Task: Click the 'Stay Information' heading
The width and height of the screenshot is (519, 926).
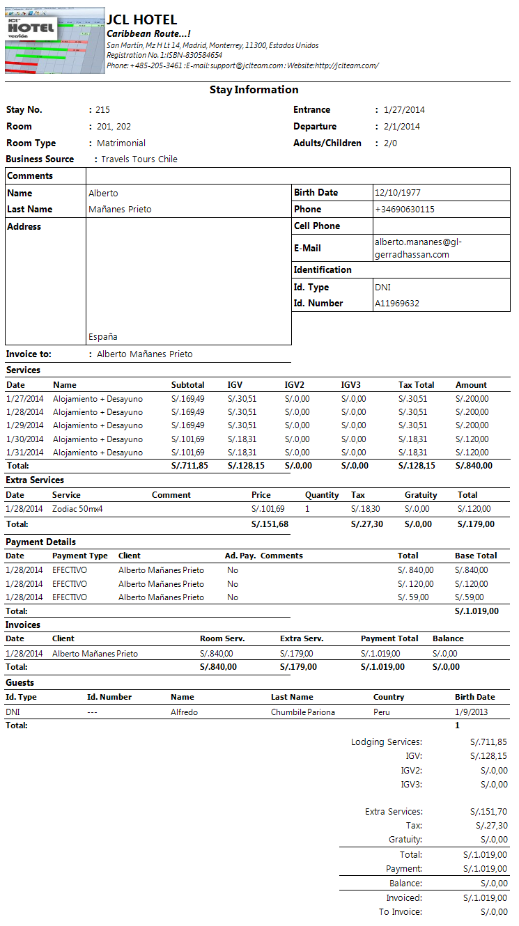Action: tap(254, 90)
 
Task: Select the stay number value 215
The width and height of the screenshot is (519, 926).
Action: tap(103, 110)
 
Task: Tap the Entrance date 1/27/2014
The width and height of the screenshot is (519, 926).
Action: tap(404, 110)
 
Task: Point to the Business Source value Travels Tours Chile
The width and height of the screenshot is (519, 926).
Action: tap(139, 159)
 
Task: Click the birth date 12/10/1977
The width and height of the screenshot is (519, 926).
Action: tap(398, 193)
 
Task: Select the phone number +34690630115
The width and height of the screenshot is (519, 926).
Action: tap(405, 210)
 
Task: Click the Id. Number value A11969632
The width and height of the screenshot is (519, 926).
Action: tap(397, 304)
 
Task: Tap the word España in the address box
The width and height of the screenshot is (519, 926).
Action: tap(103, 337)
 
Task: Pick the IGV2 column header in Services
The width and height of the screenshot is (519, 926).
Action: tap(295, 385)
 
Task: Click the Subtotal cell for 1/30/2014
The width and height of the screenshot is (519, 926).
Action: tap(188, 439)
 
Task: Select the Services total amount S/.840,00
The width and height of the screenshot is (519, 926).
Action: tap(474, 466)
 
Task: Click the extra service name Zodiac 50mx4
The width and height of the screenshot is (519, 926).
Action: tap(77, 509)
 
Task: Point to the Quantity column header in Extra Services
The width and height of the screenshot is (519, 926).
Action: tap(322, 495)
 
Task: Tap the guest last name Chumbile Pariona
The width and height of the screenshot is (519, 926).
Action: tap(303, 712)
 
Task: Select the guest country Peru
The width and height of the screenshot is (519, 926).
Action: tap(383, 712)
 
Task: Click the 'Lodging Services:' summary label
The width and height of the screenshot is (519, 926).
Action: tap(387, 742)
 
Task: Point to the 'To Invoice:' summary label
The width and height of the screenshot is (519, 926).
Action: tap(401, 912)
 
